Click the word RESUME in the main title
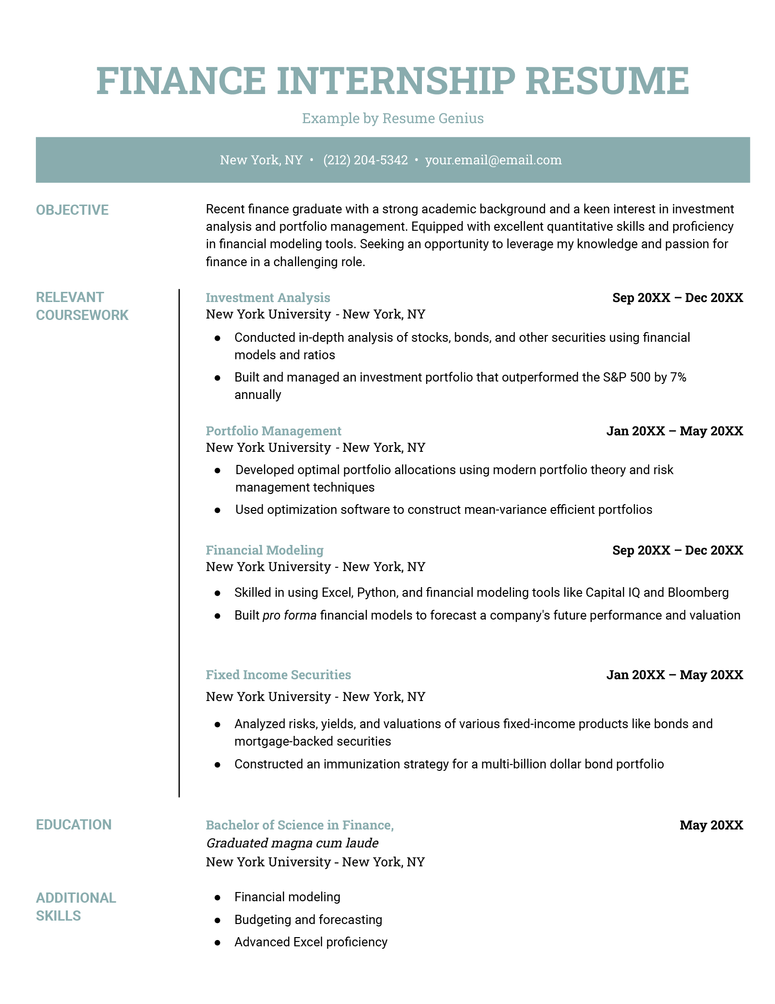607,80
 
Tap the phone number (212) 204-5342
365,160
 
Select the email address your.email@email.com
493,160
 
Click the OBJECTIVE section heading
72,210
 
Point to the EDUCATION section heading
74,825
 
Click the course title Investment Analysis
268,298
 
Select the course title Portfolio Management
273,431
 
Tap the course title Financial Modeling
264,550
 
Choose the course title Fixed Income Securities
278,675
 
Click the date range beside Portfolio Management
674,431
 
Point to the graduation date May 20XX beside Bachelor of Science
711,825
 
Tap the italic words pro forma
289,615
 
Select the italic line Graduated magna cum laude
292,843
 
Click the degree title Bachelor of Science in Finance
299,825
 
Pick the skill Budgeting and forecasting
308,920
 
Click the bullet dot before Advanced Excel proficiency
217,942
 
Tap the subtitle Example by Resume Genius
393,118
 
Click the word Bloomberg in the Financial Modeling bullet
698,592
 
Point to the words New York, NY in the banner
261,160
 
